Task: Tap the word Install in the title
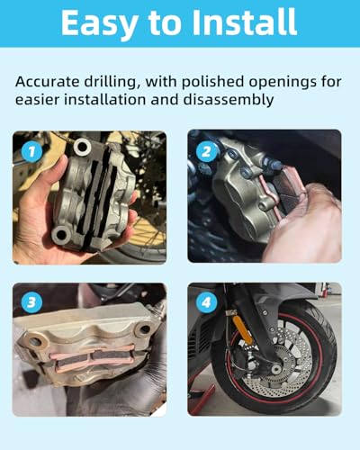pos(244,22)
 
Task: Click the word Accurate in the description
pos(47,82)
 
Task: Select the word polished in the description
pos(212,82)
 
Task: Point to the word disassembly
pos(229,100)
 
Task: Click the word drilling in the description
pos(112,83)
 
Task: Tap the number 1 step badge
pos(31,151)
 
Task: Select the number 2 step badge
pos(206,151)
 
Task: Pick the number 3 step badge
pos(31,302)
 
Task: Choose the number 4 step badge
pos(206,302)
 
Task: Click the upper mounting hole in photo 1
pos(82,147)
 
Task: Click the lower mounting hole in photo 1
pos(61,234)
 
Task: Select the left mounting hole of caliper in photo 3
pos(34,340)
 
